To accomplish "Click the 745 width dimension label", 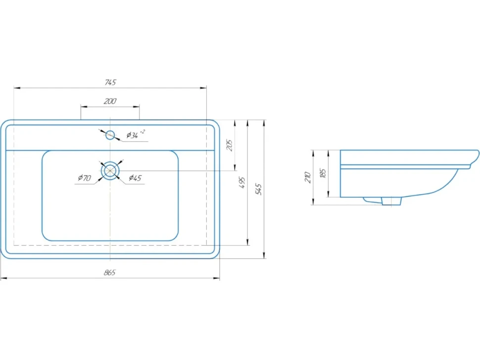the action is pos(110,82).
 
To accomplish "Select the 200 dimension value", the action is pos(110,101).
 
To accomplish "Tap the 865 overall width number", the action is pos(109,272).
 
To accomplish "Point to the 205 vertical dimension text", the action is pos(229,145).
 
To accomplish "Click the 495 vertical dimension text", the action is pos(242,182).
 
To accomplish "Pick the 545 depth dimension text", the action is pos(258,189).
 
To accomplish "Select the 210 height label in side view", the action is pos(308,178).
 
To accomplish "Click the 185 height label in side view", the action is pos(323,173).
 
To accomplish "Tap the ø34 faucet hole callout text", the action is pos(136,135).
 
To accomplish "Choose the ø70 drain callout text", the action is pos(85,178).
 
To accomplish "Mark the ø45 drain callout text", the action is pos(135,178).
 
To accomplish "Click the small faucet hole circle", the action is pos(110,135).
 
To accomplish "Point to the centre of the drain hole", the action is pos(110,171).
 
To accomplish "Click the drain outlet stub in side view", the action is pos(391,201).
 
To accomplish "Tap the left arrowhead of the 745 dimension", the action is pos(17,88).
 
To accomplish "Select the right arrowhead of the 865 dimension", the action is pos(216,278).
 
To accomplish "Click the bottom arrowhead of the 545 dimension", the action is pos(264,255).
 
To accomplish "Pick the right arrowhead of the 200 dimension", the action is pos(136,107).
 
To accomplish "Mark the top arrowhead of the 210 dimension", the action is pos(313,153).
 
